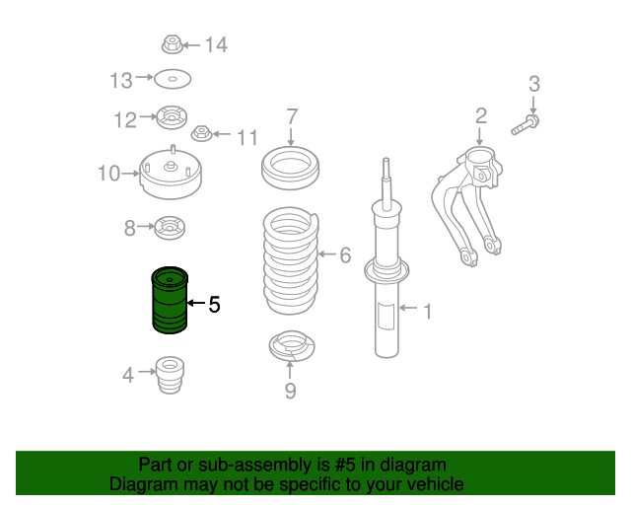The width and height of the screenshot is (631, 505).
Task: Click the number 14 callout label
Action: (x=217, y=44)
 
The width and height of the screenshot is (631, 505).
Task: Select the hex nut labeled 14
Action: (x=173, y=44)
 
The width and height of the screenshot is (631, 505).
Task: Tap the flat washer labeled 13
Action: (x=173, y=79)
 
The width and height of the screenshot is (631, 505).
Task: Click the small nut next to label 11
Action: (x=201, y=133)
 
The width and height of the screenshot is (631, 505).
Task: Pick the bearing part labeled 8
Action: (x=170, y=228)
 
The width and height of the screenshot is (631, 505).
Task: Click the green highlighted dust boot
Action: (x=170, y=300)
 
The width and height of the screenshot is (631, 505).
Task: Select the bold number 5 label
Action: (x=215, y=304)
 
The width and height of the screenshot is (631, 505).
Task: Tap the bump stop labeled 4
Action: (x=170, y=375)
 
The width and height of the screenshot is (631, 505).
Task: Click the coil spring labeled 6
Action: (x=291, y=261)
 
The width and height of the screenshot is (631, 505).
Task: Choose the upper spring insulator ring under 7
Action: (x=290, y=168)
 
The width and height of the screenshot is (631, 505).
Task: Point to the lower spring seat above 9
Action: (x=292, y=346)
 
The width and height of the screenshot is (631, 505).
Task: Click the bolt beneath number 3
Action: (x=526, y=125)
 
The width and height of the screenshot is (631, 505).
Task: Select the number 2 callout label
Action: (x=481, y=115)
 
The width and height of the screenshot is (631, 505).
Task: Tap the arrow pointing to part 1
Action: (x=408, y=308)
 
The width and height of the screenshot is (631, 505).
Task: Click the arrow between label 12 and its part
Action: (x=148, y=116)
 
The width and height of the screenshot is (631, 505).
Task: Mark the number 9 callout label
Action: (x=290, y=391)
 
